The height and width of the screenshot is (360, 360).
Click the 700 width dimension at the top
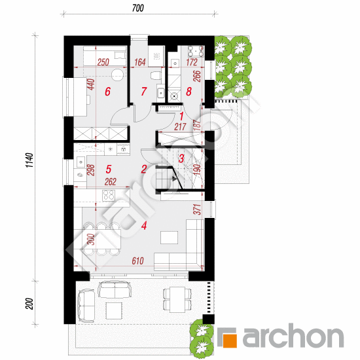pyautogui.click(x=138, y=8)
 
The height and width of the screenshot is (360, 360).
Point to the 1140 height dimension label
pyautogui.click(x=29, y=160)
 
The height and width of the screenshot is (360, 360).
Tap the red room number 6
pyautogui.click(x=108, y=92)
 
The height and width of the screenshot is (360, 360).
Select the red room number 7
pyautogui.click(x=144, y=91)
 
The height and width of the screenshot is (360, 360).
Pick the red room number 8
pyautogui.click(x=189, y=92)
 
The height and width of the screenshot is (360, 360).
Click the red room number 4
pyautogui.click(x=144, y=226)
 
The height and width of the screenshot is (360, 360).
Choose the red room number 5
pyautogui.click(x=109, y=170)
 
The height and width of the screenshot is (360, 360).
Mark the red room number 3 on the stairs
pyautogui.click(x=181, y=158)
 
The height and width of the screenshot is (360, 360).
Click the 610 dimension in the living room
pyautogui.click(x=137, y=261)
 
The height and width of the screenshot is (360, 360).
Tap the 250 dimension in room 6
pyautogui.click(x=103, y=62)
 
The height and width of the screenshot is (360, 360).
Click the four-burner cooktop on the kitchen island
pyautogui.click(x=109, y=196)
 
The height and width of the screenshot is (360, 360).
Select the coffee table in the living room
pyautogui.click(x=170, y=238)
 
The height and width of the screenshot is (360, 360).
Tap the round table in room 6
pyautogui.click(x=118, y=75)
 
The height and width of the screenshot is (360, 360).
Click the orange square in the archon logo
pyautogui.click(x=230, y=340)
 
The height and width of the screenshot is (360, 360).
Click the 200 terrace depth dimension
pyautogui.click(x=29, y=304)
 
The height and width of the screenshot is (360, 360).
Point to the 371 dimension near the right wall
pyautogui.click(x=197, y=209)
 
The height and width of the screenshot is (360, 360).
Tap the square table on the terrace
pyautogui.click(x=114, y=311)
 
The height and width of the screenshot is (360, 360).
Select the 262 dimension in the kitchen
pyautogui.click(x=111, y=182)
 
